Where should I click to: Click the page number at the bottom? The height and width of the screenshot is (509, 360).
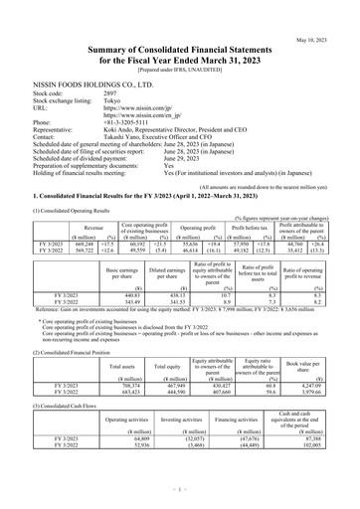[180, 491]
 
